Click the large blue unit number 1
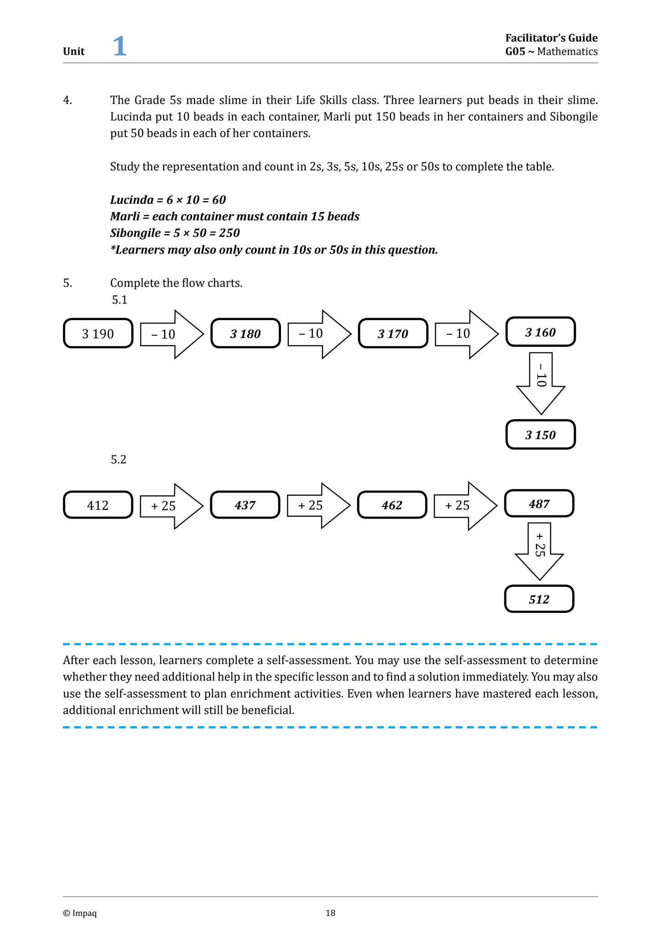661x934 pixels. tap(120, 47)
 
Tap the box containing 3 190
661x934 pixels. tap(98, 334)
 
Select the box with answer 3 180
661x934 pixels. tap(245, 334)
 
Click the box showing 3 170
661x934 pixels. tap(393, 334)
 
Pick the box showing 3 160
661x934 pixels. tap(541, 332)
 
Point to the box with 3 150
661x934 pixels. tap(541, 435)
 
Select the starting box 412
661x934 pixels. tap(98, 505)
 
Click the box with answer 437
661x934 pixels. tap(245, 505)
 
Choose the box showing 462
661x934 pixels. tap(392, 505)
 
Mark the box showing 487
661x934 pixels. tap(539, 503)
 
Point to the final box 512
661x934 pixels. tap(539, 599)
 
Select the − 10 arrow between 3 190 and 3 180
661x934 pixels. tap(170, 334)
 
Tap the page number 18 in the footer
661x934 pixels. tap(330, 913)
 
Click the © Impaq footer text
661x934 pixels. tap(80, 913)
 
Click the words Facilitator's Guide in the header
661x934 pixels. tap(551, 38)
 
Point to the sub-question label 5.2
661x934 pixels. tap(119, 459)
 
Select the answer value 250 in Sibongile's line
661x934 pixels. tap(229, 233)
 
